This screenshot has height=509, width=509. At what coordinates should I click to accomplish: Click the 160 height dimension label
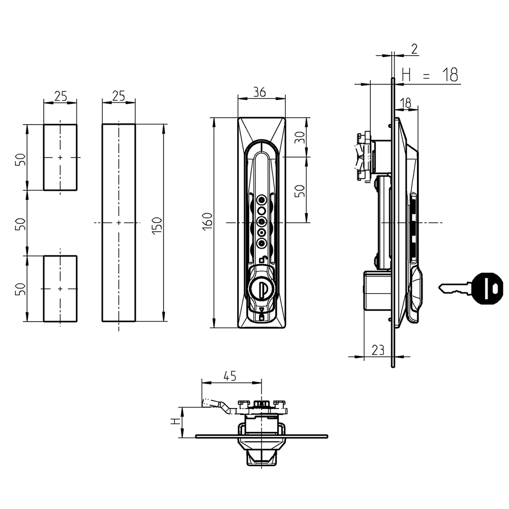tap(207, 220)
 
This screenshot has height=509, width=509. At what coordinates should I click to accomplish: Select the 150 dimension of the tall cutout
tap(157, 227)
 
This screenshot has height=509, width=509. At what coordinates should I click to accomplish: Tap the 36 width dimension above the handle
tap(259, 92)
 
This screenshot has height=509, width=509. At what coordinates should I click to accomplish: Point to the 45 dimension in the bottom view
tap(229, 376)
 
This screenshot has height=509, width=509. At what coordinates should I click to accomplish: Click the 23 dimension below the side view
tap(378, 350)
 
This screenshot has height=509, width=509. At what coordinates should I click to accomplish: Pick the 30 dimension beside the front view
tap(299, 137)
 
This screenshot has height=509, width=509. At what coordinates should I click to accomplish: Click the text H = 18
tap(429, 75)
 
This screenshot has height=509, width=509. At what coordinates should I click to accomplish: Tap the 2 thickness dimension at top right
tap(415, 48)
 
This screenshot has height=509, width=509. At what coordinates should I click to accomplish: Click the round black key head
tap(488, 288)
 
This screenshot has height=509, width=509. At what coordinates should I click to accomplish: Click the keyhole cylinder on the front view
tap(261, 288)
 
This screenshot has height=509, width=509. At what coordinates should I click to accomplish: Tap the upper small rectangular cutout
tap(60, 157)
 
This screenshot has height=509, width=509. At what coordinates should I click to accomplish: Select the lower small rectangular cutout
tap(60, 288)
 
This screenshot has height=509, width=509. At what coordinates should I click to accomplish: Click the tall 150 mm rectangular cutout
tap(119, 223)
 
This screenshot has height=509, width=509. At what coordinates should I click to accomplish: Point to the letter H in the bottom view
tap(174, 422)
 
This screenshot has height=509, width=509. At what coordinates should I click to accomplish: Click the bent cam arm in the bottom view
tap(219, 406)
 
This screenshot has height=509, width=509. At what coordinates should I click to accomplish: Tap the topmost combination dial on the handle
tap(261, 199)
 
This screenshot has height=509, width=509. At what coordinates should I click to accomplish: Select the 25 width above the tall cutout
tap(118, 95)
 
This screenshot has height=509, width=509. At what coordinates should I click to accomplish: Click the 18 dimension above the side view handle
tap(405, 102)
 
